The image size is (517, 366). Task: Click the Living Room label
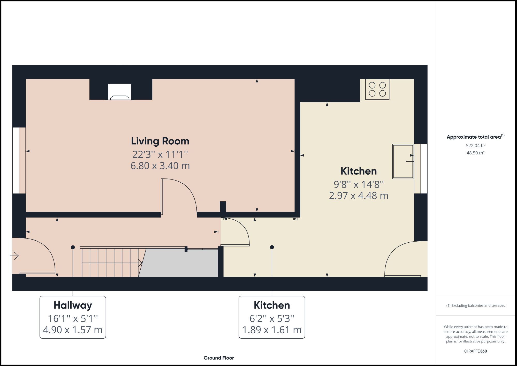[160, 141]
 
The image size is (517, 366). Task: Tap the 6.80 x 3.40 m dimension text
[160, 166]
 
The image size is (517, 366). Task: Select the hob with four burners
[377, 89]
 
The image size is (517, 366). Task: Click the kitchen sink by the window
[403, 161]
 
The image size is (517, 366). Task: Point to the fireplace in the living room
[120, 92]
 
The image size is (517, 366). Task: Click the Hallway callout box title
[73, 305]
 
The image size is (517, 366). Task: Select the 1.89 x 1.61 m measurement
[272, 330]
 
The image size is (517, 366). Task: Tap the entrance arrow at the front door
[14, 256]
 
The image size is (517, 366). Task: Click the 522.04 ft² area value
[475, 146]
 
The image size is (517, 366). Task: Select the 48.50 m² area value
[475, 153]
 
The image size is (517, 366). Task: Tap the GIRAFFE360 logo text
[475, 351]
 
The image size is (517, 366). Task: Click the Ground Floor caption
[219, 358]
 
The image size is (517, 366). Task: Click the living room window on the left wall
[16, 160]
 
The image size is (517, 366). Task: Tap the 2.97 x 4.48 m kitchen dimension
[359, 196]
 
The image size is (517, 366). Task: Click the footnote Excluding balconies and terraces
[475, 305]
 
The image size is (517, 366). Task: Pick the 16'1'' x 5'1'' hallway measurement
[73, 318]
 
